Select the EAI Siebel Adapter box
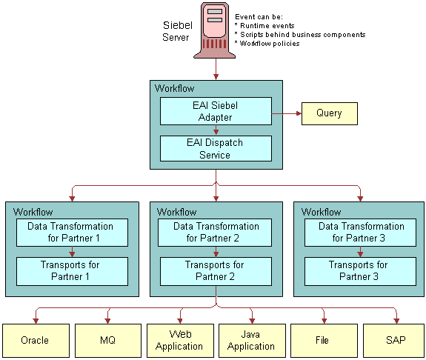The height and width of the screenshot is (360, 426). [216, 111]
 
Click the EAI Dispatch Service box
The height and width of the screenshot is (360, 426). [216, 148]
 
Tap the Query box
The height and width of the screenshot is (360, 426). [329, 113]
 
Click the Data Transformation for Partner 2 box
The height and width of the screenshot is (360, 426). [215, 232]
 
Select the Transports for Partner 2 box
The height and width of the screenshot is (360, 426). [215, 270]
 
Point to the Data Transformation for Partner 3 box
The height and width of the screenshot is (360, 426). [359, 232]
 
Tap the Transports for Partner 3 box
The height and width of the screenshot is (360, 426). [359, 270]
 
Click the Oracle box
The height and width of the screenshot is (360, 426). [35, 341]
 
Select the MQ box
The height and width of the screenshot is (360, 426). [107, 341]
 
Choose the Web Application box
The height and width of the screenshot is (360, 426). [179, 341]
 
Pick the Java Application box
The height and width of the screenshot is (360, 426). [251, 341]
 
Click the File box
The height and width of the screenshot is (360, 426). [323, 341]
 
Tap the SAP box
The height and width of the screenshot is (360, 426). [395, 341]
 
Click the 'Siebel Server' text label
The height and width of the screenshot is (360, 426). [176, 31]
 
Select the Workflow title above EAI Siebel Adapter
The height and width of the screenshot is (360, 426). [174, 89]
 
